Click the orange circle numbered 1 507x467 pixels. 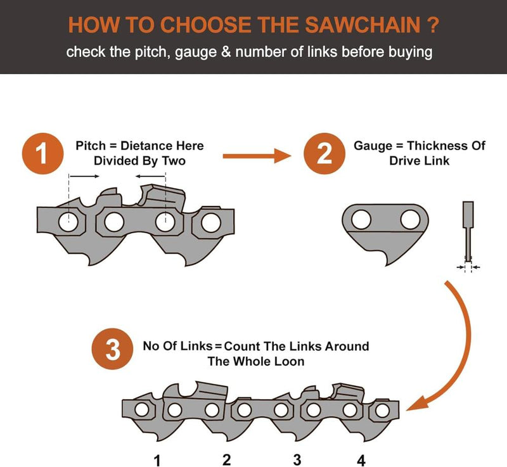point(42,154)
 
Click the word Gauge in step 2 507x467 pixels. point(373,146)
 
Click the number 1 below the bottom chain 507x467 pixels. point(157,459)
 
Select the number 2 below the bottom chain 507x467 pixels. point(226,459)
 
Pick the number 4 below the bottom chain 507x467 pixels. point(362,459)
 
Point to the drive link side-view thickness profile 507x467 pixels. point(468,231)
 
